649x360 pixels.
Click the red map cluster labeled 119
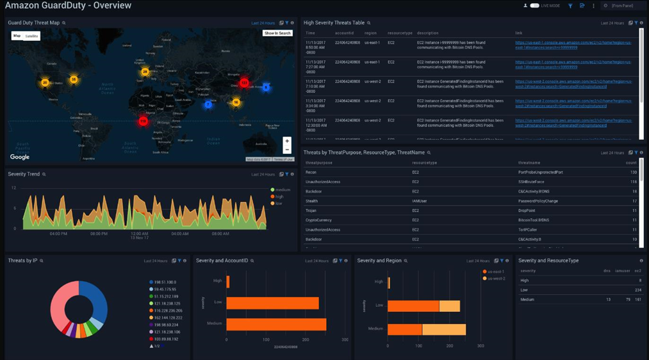143,120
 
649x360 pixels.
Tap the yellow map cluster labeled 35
74,79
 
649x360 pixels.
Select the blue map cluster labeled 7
208,104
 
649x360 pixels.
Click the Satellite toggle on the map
31,36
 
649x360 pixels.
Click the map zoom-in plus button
287,141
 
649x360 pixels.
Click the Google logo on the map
20,157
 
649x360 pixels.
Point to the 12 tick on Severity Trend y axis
13,188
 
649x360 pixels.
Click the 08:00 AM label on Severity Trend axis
220,234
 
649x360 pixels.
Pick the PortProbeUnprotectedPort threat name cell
540,172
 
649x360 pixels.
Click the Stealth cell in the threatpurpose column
311,201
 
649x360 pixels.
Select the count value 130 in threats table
634,172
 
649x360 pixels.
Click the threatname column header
529,163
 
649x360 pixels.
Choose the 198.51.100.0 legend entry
165,282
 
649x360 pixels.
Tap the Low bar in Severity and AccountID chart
272,303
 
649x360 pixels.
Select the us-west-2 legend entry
496,279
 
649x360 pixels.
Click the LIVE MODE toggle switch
534,6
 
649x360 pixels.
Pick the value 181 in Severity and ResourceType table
637,300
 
